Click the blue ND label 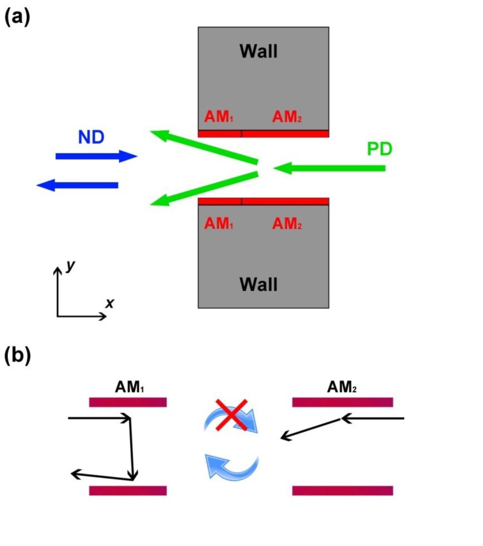point(91,137)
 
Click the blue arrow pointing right point(97,157)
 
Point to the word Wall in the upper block point(258,51)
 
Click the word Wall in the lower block point(258,284)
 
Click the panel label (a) point(18,17)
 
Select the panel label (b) point(18,356)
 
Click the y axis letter point(71,264)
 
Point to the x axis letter point(110,303)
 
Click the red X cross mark point(231,414)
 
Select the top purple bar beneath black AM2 point(342,402)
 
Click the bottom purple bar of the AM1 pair point(127,490)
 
